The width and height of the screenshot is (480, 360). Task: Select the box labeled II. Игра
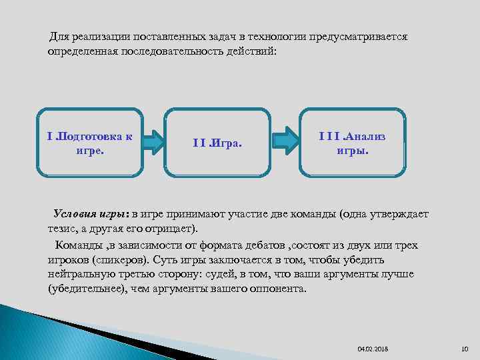tap(218, 143)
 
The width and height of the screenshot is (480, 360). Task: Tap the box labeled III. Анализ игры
tap(352, 142)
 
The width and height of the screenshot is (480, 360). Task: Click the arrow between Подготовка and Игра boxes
tap(154, 141)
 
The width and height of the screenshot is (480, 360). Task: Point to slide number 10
tap(465, 349)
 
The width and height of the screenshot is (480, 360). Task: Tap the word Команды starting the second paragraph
tap(75, 245)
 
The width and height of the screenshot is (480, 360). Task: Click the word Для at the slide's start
tap(59, 35)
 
